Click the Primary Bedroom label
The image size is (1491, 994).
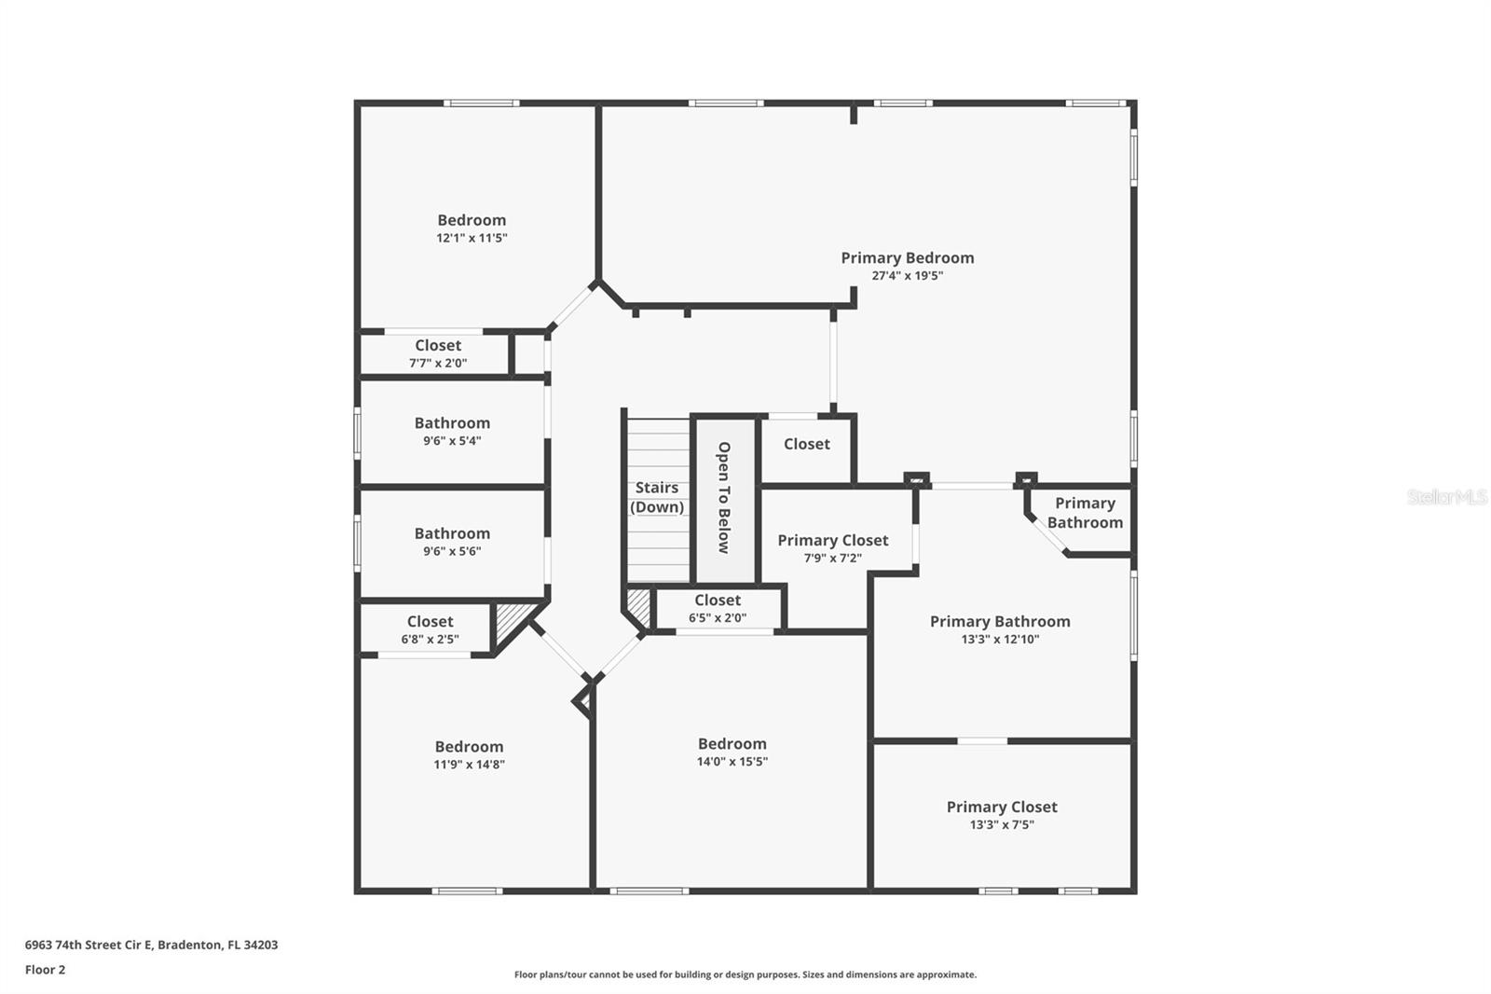pos(907,257)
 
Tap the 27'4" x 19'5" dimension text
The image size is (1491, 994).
pos(907,276)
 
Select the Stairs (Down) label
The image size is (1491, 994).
pos(657,497)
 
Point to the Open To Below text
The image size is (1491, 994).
pos(724,497)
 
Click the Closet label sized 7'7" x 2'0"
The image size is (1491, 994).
pos(438,345)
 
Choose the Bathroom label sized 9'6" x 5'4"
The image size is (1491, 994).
pos(452,422)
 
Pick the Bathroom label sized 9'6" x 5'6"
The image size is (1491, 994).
pos(452,533)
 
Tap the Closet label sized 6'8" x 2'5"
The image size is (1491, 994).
pos(430,621)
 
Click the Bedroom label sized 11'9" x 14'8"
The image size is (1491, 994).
pos(469,746)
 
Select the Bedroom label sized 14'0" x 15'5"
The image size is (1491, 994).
pos(732,743)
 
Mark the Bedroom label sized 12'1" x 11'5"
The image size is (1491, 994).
pos(472,220)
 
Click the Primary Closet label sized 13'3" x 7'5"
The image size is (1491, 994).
pos(1002,807)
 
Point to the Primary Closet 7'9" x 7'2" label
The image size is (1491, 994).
pos(832,540)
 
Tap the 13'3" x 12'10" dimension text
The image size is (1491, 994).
pos(1000,640)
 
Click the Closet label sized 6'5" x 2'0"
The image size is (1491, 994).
pos(717,601)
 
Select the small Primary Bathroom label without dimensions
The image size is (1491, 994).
pos(1085,512)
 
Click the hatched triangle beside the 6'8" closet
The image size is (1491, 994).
pos(508,619)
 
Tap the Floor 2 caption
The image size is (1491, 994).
pos(45,970)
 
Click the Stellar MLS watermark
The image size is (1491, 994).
pos(1446,497)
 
